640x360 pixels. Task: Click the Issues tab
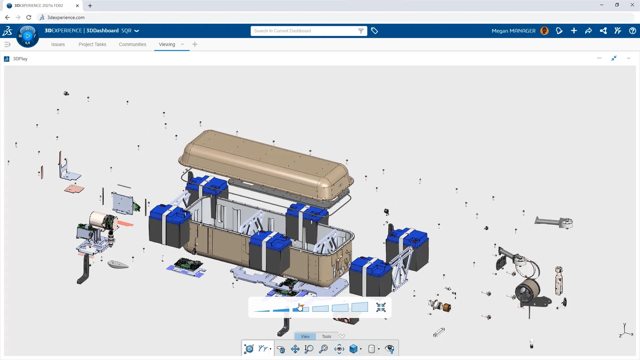(58, 44)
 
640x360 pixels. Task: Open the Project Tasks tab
(92, 44)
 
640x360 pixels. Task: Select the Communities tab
(132, 44)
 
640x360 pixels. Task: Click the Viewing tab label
(167, 44)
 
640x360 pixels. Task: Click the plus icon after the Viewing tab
(195, 44)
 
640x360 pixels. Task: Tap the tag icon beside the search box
(374, 31)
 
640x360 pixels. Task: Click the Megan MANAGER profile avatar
(544, 31)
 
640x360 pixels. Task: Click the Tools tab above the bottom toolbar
(326, 336)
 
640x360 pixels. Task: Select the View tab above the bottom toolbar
(305, 336)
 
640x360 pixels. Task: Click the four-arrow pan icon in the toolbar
(295, 349)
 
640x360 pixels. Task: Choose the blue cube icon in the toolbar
(353, 349)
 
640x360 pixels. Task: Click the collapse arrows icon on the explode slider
(381, 307)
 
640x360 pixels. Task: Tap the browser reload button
(29, 17)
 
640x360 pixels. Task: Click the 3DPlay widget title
(20, 59)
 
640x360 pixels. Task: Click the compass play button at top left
(28, 36)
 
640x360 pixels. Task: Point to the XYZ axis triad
(626, 331)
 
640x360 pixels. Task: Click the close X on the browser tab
(77, 6)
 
